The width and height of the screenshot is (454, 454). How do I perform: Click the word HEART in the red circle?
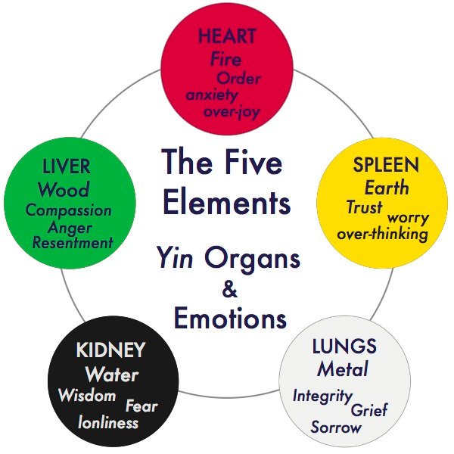pyautogui.click(x=227, y=36)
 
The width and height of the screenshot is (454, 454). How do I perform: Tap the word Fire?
pyautogui.click(x=225, y=58)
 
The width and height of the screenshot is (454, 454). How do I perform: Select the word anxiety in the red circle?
pyautogui.click(x=212, y=95)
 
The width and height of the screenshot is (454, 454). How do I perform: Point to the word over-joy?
pyautogui.click(x=232, y=112)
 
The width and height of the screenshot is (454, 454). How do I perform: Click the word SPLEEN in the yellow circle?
pyautogui.click(x=386, y=164)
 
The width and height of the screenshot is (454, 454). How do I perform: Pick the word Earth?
pyautogui.click(x=387, y=188)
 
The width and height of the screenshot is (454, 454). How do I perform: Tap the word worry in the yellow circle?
pyautogui.click(x=408, y=217)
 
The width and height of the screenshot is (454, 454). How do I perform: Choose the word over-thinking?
pyautogui.click(x=382, y=233)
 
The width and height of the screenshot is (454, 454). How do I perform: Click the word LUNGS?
pyautogui.click(x=344, y=346)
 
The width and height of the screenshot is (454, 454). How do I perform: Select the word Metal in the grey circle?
pyautogui.click(x=343, y=369)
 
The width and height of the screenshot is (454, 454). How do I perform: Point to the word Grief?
pyautogui.click(x=369, y=409)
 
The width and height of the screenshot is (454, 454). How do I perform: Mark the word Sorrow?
pyautogui.click(x=336, y=427)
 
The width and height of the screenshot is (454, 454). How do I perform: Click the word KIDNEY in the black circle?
pyautogui.click(x=110, y=350)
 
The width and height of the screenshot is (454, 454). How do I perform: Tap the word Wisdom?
pyautogui.click(x=87, y=395)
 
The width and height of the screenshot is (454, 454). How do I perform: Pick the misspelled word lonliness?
pyautogui.click(x=108, y=422)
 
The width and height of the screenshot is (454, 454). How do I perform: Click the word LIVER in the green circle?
pyautogui.click(x=67, y=166)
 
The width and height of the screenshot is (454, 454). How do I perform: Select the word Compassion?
pyautogui.click(x=69, y=210)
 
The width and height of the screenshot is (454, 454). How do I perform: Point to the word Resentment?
pyautogui.click(x=73, y=242)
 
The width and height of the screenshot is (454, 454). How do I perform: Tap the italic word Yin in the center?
pyautogui.click(x=176, y=258)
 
